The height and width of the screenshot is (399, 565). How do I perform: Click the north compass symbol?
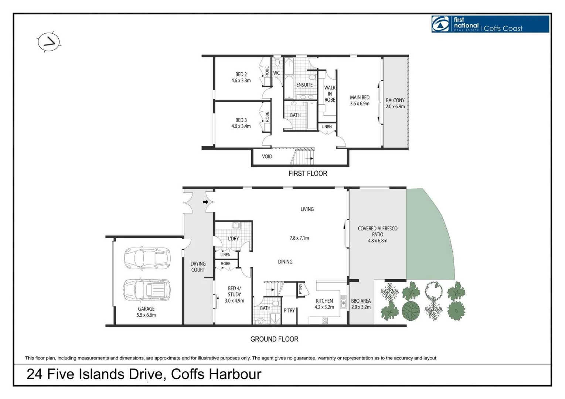coord(48,42)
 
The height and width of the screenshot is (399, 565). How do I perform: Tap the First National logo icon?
coord(440,24)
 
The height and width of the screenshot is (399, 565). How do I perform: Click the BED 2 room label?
coord(241,74)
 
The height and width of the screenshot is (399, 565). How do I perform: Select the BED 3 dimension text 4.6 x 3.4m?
coord(241,126)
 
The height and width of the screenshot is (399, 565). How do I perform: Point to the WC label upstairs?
coord(276,73)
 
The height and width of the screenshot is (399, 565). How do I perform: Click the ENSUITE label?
coord(304,85)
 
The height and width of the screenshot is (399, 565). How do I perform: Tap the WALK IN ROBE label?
coord(330,93)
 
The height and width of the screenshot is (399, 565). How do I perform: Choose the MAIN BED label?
coord(360,98)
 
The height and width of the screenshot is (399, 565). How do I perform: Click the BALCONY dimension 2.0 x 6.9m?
coord(395,106)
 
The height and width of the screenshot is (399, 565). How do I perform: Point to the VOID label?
coord(267,157)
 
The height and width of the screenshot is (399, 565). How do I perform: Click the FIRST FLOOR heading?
coord(307,173)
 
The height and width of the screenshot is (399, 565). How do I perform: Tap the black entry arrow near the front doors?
coord(205,202)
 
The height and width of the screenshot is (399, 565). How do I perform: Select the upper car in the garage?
coord(147,258)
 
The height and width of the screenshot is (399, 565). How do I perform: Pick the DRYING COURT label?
coord(198,267)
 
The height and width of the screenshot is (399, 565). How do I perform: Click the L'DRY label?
coord(233,239)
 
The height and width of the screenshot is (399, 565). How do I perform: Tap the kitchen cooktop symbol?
coord(325,321)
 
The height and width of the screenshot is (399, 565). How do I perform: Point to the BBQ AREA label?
coord(361,301)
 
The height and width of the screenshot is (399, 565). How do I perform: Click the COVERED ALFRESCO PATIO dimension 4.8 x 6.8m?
coord(377,241)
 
